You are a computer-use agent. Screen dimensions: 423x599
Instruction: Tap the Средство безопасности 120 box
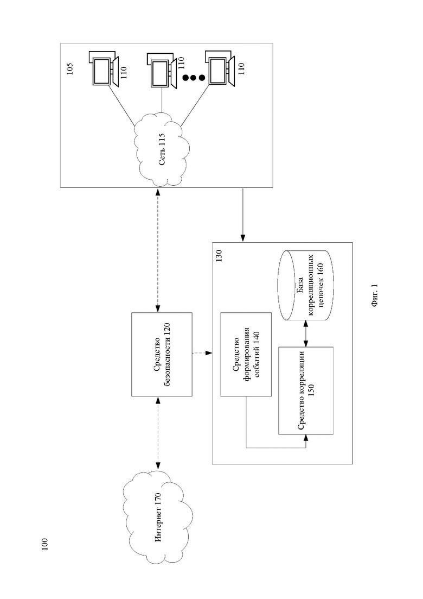[162, 354]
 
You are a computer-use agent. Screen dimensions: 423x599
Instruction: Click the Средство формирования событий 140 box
[246, 354]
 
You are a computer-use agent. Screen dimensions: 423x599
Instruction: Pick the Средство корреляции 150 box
[306, 390]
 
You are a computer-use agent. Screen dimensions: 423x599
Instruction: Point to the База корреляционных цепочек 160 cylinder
[306, 286]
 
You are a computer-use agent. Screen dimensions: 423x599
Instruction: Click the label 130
[219, 256]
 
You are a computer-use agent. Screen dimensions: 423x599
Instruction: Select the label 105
[70, 68]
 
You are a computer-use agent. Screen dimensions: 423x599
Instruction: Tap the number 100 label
[44, 544]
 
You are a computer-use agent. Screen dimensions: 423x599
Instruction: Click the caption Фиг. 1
[374, 295]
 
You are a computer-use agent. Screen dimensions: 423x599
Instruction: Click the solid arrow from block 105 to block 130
[242, 215]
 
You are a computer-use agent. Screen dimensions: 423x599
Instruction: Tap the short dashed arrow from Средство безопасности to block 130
[202, 354]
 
